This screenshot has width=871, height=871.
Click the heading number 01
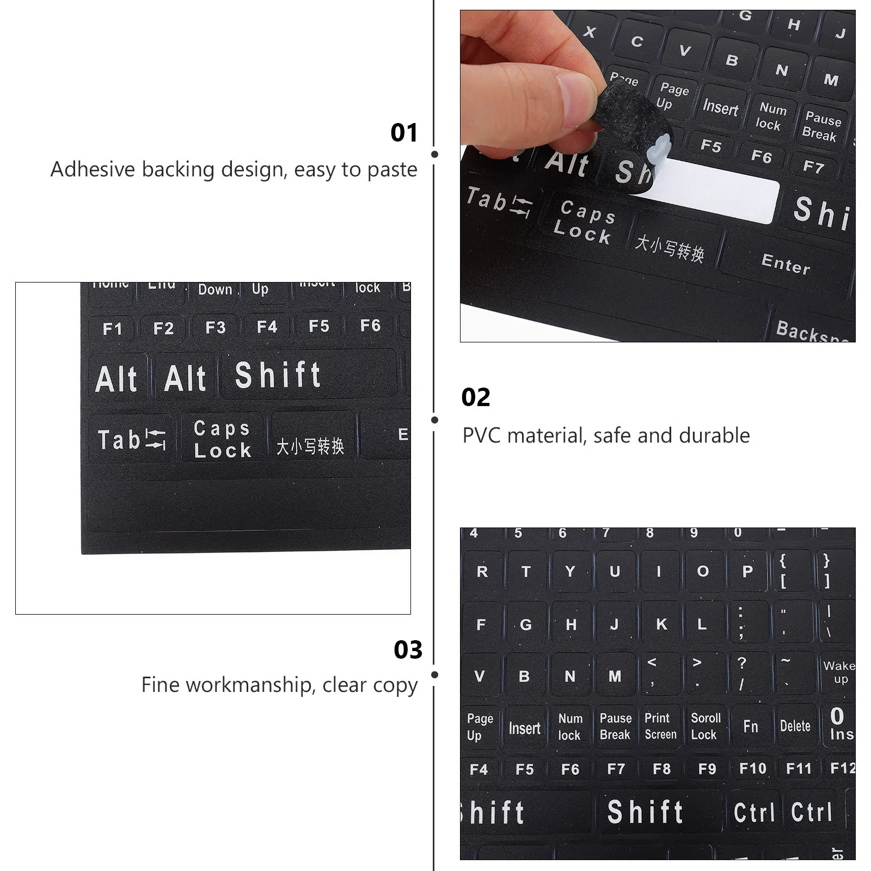point(404,133)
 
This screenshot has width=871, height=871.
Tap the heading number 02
point(475,398)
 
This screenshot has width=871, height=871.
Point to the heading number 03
point(408,650)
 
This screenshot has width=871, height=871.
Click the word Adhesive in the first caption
point(93,170)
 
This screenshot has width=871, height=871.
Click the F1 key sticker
point(112,329)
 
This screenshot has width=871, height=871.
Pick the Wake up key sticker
point(839,672)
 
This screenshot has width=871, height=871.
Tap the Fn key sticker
point(751,726)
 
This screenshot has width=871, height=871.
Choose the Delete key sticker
point(795,726)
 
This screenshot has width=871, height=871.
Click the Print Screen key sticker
point(660,726)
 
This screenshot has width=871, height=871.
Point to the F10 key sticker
point(752,769)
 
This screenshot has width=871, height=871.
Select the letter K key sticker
point(661,624)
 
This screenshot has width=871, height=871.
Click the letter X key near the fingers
point(589,32)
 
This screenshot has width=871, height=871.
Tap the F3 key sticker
point(215,328)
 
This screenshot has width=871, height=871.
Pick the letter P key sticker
point(747,572)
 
